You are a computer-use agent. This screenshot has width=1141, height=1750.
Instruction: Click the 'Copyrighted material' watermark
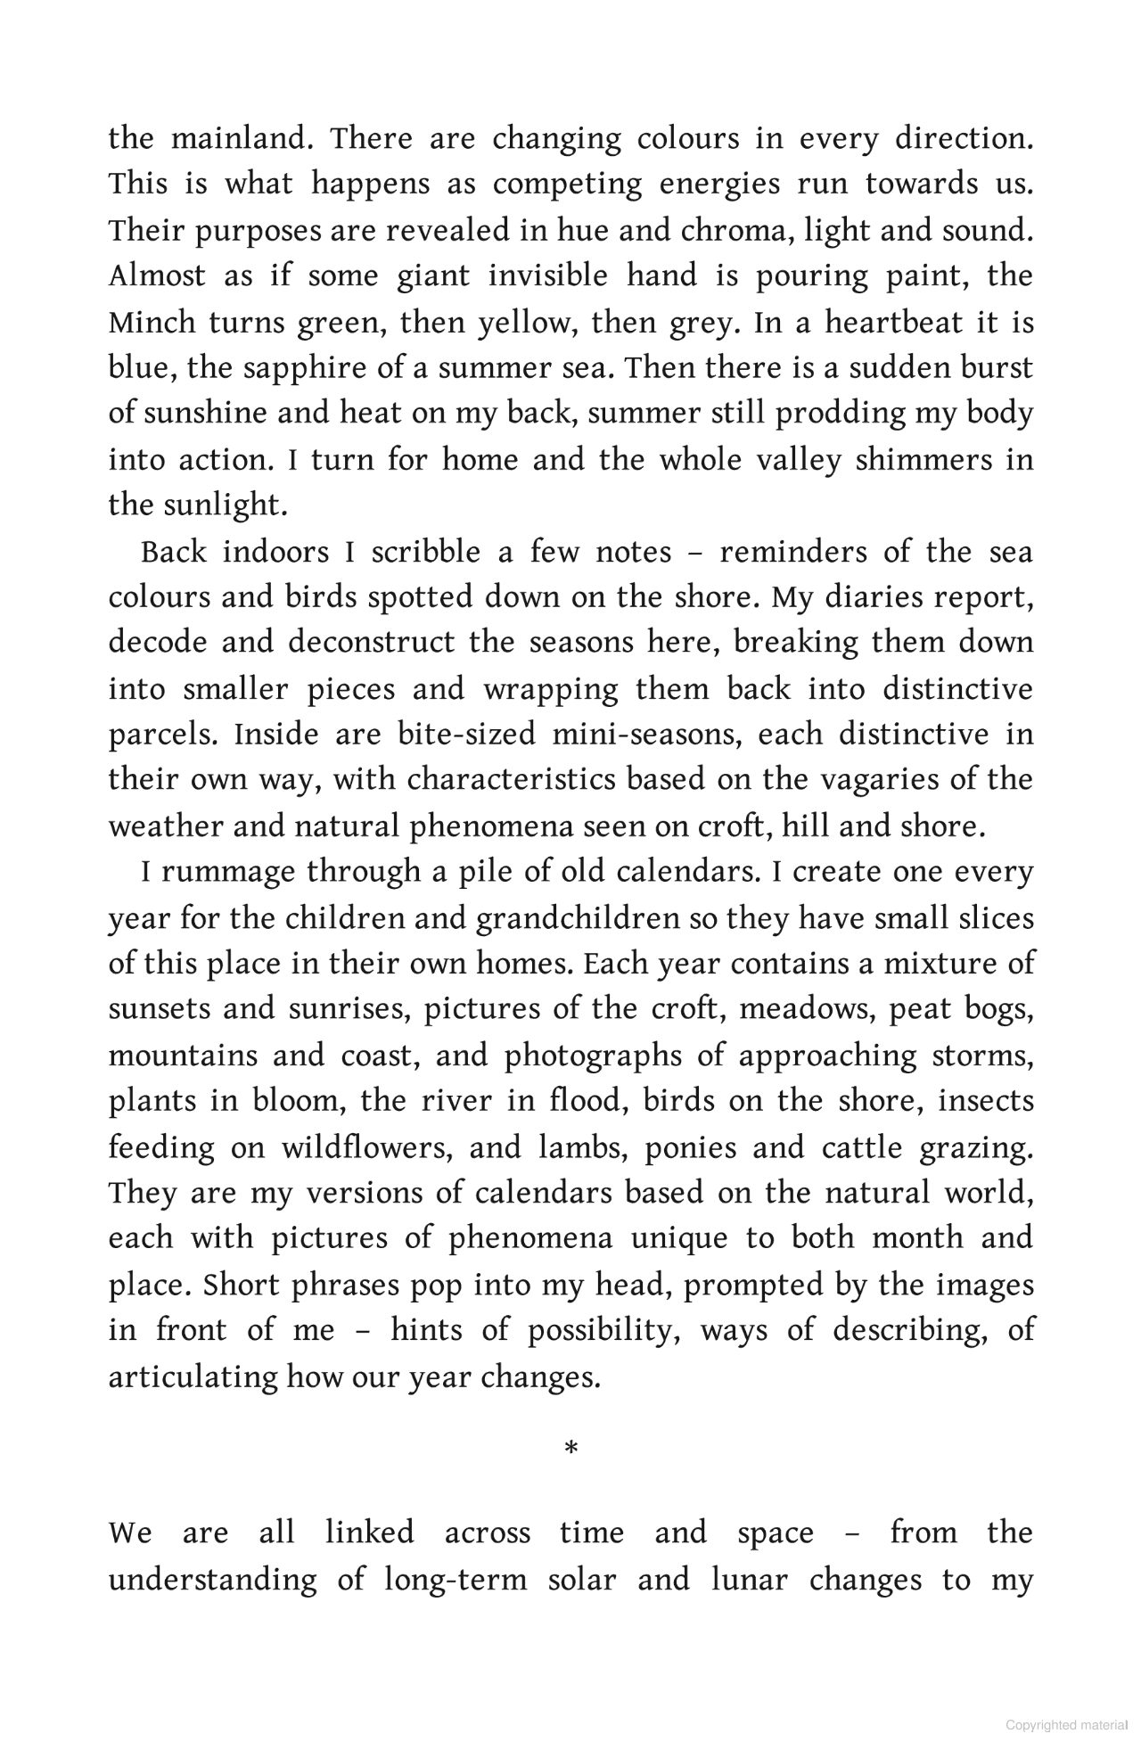(x=1066, y=1725)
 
